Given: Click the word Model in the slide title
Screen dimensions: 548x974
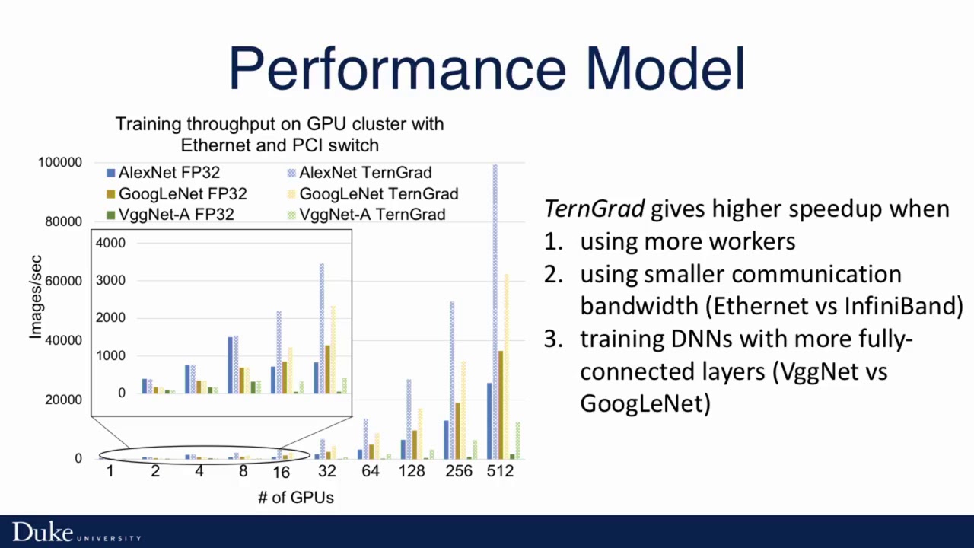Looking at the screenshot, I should pyautogui.click(x=664, y=68).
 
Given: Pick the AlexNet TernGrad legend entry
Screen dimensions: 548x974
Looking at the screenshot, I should pyautogui.click(x=358, y=173).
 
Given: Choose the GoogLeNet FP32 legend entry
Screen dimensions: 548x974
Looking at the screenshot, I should pyautogui.click(x=175, y=194).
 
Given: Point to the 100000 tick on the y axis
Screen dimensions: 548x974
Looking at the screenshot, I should pyautogui.click(x=59, y=163).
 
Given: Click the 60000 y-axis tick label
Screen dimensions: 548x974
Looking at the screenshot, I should pyautogui.click(x=62, y=281).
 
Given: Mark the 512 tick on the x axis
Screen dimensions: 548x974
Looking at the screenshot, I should pyautogui.click(x=500, y=472).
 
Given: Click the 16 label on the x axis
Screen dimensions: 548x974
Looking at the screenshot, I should pyautogui.click(x=281, y=473).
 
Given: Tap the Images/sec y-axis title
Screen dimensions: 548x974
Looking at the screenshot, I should pyautogui.click(x=36, y=298).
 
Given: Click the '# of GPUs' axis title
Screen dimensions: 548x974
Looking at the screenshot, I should pyautogui.click(x=295, y=498).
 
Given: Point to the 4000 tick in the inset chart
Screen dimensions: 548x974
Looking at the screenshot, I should pyautogui.click(x=111, y=244).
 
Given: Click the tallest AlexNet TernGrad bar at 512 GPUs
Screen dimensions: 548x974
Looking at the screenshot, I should pyautogui.click(x=495, y=312).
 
